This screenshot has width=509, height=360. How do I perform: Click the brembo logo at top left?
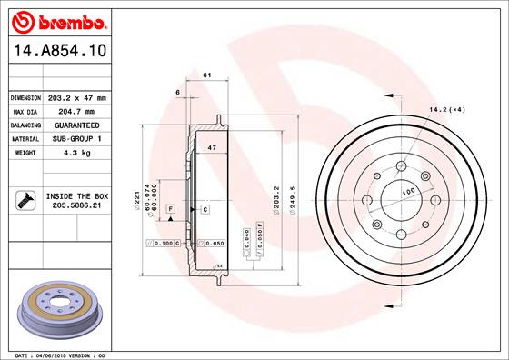[x=56, y=20]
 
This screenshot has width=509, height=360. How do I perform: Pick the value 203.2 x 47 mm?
[x=78, y=97]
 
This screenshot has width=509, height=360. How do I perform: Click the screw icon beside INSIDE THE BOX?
[x=25, y=201]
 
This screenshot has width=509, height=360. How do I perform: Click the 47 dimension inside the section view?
[x=212, y=147]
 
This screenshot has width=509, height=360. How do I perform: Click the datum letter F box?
[x=170, y=210]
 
